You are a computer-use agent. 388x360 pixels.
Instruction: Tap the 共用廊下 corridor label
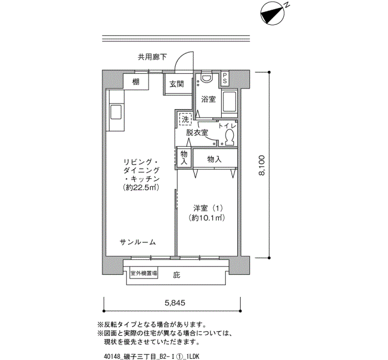tap(152, 58)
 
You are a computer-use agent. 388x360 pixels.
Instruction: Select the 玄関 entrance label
tap(177, 84)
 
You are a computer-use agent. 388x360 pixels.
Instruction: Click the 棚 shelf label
tap(136, 81)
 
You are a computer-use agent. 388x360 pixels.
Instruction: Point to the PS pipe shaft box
tap(224, 78)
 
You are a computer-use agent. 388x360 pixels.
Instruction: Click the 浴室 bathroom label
tap(208, 99)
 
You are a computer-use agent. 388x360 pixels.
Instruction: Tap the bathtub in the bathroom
tap(230, 101)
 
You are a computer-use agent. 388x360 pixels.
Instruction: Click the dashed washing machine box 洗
tap(185, 120)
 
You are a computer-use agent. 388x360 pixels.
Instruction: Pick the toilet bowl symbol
tap(229, 137)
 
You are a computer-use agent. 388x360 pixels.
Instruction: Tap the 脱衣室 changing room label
tap(197, 132)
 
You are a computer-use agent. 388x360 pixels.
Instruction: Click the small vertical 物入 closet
tap(184, 158)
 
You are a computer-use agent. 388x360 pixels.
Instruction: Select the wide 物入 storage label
tap(215, 160)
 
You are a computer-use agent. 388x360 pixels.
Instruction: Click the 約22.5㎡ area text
tap(141, 187)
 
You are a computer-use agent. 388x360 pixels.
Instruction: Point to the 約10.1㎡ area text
tap(207, 218)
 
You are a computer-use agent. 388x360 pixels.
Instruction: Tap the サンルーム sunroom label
tap(138, 242)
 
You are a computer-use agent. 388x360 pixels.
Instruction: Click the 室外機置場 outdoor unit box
tap(144, 274)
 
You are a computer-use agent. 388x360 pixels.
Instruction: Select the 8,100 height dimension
tap(262, 165)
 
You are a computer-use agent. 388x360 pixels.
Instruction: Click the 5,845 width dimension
tap(175, 302)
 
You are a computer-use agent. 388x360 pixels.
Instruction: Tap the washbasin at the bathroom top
tap(206, 78)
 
